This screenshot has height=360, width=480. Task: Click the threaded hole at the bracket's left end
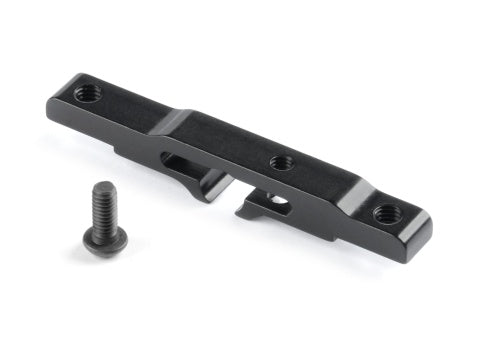86,94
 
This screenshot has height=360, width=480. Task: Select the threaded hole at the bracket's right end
385,212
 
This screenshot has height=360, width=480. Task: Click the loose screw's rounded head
104,240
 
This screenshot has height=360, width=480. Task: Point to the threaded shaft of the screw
102,207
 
